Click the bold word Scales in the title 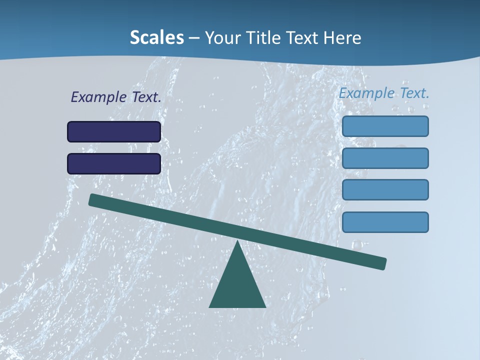click(156, 38)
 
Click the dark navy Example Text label click(116, 97)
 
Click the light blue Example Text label click(384, 93)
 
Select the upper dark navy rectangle click(114, 131)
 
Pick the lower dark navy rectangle click(114, 163)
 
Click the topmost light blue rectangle click(385, 126)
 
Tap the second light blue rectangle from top click(385, 158)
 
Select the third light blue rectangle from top click(385, 189)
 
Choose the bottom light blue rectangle click(385, 222)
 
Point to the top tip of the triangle click(237, 241)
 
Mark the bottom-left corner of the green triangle click(210, 306)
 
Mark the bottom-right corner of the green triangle click(265, 306)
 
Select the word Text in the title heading click(302, 38)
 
